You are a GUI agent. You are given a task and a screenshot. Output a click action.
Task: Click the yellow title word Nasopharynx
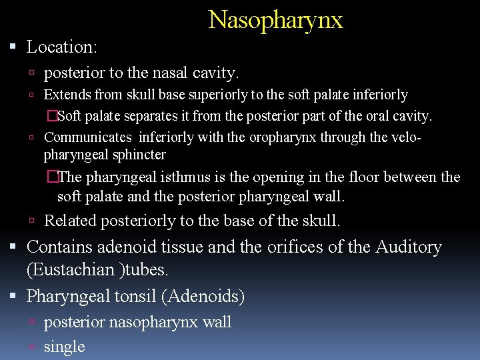click(x=275, y=20)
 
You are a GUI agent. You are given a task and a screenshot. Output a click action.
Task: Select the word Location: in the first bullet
click(x=62, y=47)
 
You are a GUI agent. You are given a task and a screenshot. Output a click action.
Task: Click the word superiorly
click(x=225, y=95)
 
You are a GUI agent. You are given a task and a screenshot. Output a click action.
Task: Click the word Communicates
click(x=88, y=137)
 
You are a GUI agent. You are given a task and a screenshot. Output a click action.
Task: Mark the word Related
click(x=71, y=221)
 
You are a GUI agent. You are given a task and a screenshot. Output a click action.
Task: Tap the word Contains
click(x=60, y=247)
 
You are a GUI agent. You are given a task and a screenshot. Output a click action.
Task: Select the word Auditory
click(x=409, y=247)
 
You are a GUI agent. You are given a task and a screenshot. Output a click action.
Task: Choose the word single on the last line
click(x=64, y=347)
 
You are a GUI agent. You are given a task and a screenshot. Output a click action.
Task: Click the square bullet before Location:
click(x=15, y=48)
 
